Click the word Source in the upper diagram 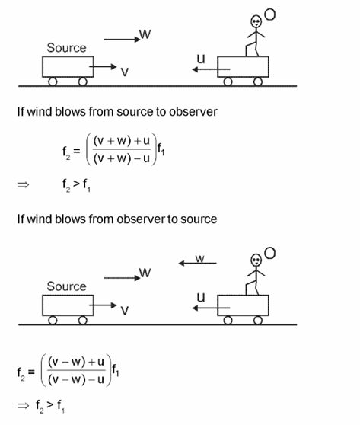(67, 47)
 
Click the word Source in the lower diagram (67, 286)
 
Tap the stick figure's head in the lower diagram (256, 260)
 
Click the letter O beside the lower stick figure (270, 251)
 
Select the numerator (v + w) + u (125, 139)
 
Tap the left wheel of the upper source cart (53, 81)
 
